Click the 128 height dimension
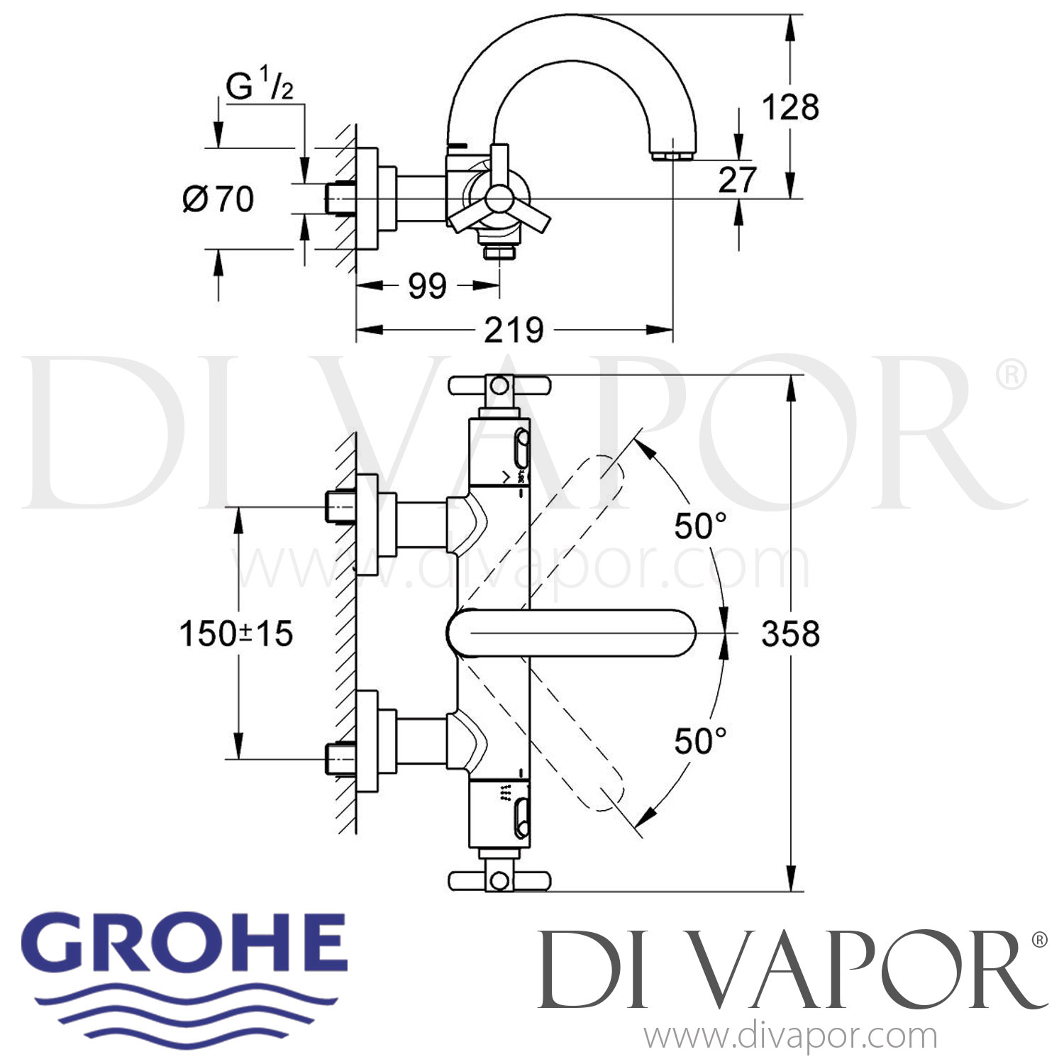[x=790, y=108]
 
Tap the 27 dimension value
[x=737, y=179]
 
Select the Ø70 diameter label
[x=218, y=199]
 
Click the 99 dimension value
[x=427, y=286]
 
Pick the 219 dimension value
[x=514, y=330]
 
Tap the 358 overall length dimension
[x=790, y=633]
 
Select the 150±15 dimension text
[x=236, y=633]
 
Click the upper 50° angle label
[x=700, y=526]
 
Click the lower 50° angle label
[x=700, y=741]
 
